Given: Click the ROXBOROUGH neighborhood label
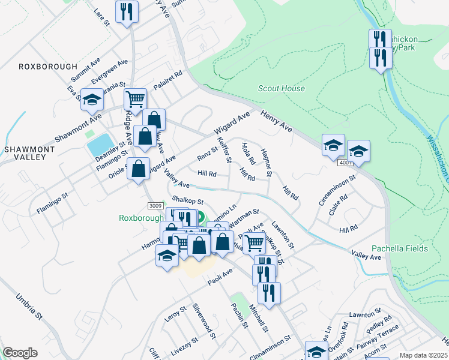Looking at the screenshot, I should (x=48, y=67).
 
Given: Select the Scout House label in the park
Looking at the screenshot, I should (x=282, y=88).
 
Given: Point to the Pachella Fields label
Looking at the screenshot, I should (x=399, y=248).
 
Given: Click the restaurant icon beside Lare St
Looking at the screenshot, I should (x=127, y=11).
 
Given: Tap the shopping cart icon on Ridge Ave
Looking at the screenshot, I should (x=136, y=98).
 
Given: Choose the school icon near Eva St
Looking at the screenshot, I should (x=92, y=100).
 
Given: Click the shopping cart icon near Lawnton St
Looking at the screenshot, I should (x=255, y=243).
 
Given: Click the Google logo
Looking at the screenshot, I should (x=20, y=353).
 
